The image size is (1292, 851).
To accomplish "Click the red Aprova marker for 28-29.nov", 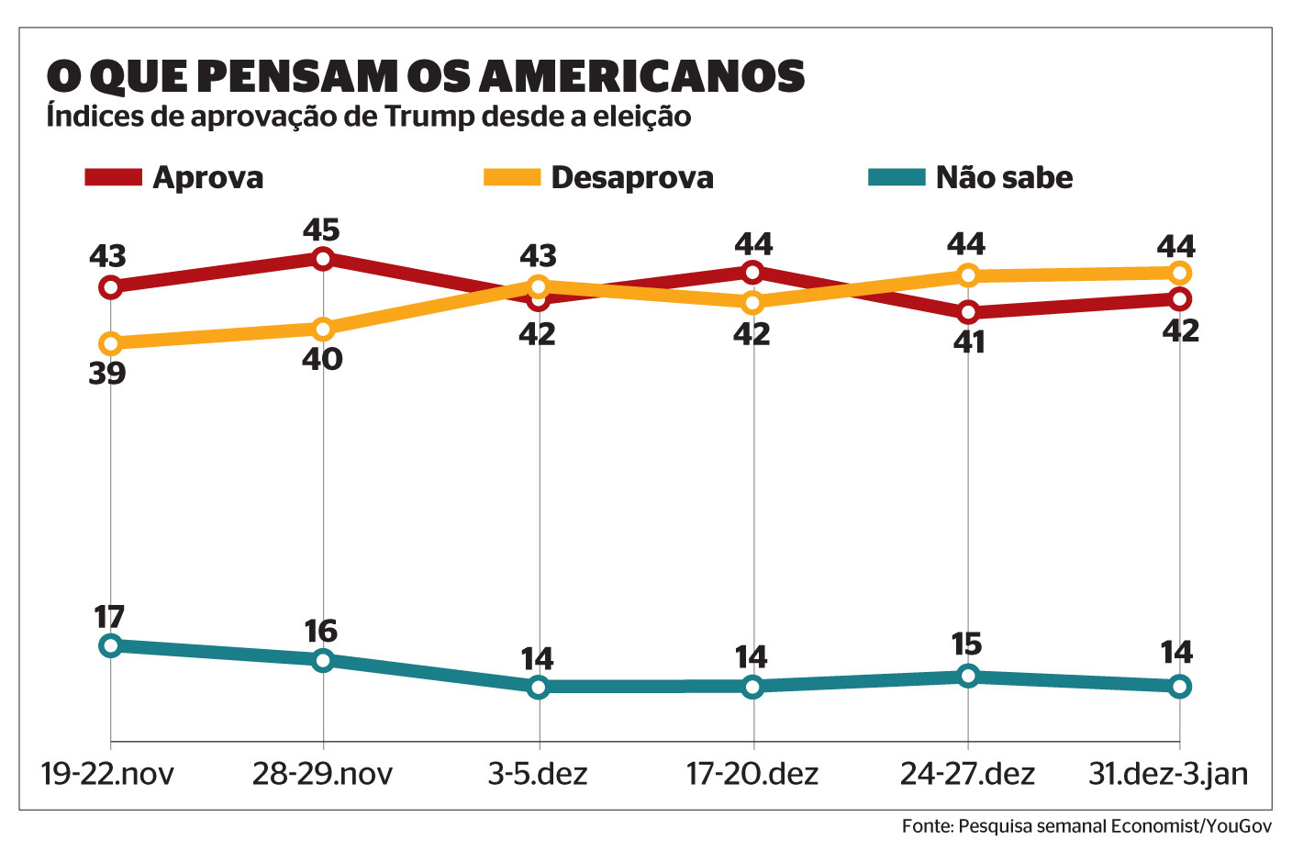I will click(x=322, y=259).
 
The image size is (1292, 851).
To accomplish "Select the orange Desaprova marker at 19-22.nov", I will click(x=110, y=343).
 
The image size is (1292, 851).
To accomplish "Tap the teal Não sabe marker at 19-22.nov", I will click(x=110, y=645).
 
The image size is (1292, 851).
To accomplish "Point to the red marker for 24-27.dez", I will click(x=967, y=312).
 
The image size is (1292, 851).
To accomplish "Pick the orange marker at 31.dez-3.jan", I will click(x=1179, y=273).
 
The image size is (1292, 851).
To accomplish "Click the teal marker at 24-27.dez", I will click(x=967, y=677).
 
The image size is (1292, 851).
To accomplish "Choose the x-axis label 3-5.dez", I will click(x=538, y=774).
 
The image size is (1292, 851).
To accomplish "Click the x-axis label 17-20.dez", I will click(x=752, y=774).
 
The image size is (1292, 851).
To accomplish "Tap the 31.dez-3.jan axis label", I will click(x=1168, y=774).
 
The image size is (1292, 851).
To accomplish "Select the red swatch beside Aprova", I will click(x=113, y=177).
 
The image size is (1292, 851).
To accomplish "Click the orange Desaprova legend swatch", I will click(x=512, y=177).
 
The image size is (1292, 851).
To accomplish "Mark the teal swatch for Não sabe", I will click(x=897, y=177).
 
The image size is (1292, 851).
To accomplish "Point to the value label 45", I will click(x=322, y=230).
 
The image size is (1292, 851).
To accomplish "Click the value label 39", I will click(x=107, y=374).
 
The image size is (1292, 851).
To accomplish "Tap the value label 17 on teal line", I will click(x=109, y=617).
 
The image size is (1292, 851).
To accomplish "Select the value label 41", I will click(x=969, y=342).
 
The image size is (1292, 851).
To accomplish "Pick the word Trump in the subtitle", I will click(x=429, y=118).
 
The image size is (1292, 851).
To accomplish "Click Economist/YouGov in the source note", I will click(x=1191, y=826).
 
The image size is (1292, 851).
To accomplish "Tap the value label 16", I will click(x=321, y=632).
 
